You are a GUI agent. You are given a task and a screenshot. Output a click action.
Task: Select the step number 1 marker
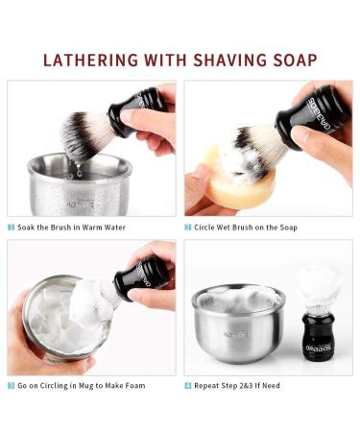12,228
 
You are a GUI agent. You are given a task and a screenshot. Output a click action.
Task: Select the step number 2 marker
188,228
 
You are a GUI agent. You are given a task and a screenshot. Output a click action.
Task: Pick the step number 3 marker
12,387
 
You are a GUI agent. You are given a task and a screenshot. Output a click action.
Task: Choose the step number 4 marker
188,387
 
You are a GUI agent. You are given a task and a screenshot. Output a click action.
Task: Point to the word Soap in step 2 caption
286,228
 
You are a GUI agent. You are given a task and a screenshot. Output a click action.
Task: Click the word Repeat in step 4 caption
209,387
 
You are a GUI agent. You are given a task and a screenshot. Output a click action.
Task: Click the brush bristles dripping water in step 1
84,134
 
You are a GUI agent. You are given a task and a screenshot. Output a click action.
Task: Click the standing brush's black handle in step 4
316,331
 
